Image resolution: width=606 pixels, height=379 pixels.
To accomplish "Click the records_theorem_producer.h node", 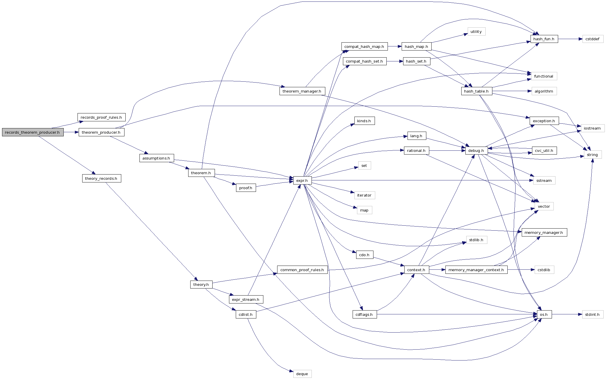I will (x=33, y=132).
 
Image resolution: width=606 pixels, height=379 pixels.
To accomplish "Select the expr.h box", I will (x=302, y=181).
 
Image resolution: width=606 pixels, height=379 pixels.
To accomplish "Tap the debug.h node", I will (x=476, y=151).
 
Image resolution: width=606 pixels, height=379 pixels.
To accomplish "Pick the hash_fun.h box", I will (x=544, y=39).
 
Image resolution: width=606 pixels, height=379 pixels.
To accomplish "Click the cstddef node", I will (x=592, y=39).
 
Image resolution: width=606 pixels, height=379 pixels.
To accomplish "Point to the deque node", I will (x=302, y=374).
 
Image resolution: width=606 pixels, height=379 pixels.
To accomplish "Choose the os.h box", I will (x=544, y=314).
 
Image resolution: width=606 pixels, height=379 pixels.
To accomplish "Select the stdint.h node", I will (x=592, y=314).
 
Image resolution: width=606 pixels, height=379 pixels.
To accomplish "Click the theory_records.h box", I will (x=101, y=178).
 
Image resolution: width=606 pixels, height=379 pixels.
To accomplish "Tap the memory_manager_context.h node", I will (x=476, y=270).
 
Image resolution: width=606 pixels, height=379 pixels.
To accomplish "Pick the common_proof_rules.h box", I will (x=302, y=270).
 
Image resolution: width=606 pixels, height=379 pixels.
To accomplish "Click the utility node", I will (x=476, y=32).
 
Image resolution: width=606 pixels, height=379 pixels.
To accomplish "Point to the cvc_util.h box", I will (x=544, y=151).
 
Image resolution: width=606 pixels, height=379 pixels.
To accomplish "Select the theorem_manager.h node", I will (x=302, y=91).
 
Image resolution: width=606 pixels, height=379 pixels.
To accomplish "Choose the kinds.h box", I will (x=364, y=121).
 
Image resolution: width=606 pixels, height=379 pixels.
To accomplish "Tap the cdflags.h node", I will (x=364, y=314).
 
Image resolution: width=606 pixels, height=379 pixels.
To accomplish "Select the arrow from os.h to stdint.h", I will (x=567, y=314).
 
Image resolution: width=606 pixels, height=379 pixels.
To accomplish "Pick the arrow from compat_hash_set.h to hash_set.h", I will (x=395, y=61).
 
